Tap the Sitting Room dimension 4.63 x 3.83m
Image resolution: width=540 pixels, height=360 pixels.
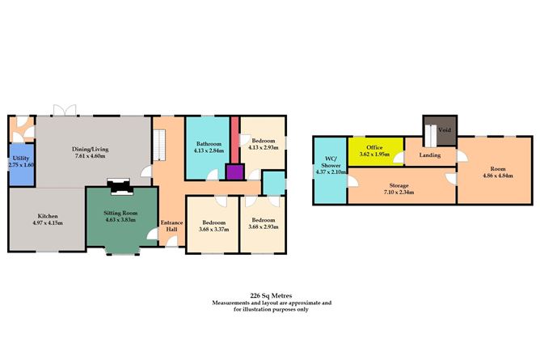pos(120,220)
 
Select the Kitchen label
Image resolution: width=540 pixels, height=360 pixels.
pos(48,216)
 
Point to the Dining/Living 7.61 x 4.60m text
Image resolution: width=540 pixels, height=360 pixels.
pos(91,152)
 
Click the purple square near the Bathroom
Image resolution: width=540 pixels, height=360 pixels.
pos(235,172)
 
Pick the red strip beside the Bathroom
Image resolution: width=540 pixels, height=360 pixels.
pos(235,140)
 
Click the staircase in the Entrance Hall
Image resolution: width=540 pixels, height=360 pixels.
pos(159,145)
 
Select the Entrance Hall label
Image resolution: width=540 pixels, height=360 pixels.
pos(171,226)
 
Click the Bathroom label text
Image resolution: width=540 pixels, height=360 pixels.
pos(209,144)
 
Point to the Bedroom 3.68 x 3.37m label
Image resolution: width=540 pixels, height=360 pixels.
pos(214,226)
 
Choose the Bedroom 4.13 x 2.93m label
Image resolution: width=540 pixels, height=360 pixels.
pos(264,144)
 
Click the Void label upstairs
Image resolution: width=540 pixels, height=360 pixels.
pos(445,130)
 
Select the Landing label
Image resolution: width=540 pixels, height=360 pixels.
pos(430,155)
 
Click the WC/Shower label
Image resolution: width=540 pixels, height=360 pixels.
pos(331,165)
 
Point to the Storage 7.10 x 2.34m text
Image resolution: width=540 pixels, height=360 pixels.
pos(399,188)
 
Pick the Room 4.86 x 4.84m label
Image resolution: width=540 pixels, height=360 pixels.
pos(498,172)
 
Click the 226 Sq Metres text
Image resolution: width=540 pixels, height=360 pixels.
pos(272,295)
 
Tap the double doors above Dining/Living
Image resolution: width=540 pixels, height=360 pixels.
pos(65,110)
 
